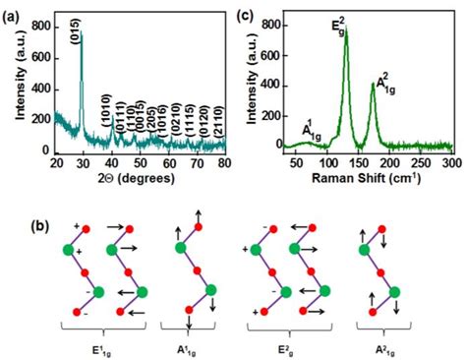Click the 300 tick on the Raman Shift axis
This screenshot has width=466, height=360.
tap(451, 162)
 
